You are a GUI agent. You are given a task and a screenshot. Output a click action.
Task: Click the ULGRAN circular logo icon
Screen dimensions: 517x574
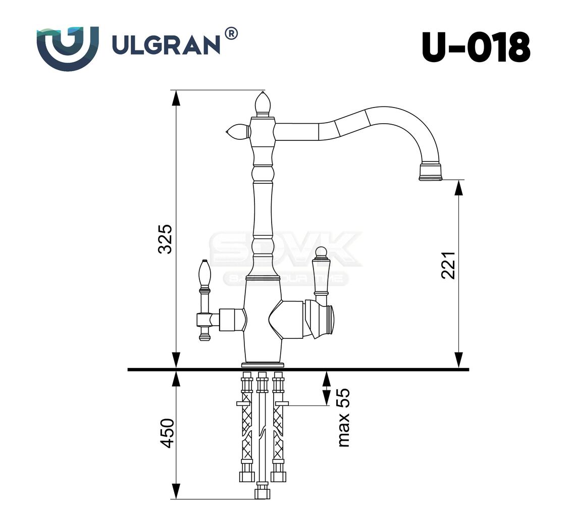tap(67, 48)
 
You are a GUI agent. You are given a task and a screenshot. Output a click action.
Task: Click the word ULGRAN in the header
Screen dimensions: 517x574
tap(166, 45)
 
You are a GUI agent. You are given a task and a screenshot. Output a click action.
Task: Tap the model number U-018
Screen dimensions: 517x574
tap(476, 47)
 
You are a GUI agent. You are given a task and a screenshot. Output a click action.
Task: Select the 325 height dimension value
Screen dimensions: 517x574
tap(165, 238)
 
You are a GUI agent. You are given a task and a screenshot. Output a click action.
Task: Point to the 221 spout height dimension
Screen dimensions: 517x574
tap(448, 265)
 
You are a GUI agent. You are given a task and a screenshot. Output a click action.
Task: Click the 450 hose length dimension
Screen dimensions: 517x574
tap(167, 433)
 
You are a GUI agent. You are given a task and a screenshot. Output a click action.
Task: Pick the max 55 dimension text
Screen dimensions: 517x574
tap(343, 418)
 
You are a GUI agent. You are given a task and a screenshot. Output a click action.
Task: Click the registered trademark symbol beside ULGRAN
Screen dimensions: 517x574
tap(230, 34)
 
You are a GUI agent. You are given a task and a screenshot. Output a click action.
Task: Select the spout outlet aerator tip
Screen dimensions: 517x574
tap(430, 171)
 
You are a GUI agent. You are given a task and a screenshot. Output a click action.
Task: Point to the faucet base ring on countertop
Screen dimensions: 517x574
tap(263, 364)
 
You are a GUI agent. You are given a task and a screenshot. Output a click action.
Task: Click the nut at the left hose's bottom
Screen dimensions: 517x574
tap(246, 476)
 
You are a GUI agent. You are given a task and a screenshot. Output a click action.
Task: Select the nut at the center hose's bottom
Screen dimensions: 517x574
tap(262, 491)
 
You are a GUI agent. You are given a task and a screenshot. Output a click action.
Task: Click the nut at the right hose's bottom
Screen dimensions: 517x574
tap(278, 476)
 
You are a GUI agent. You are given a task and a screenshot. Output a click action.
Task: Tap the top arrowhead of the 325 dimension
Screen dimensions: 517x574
tap(176, 98)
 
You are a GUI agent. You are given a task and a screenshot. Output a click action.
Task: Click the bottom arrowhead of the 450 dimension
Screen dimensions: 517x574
tap(176, 491)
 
